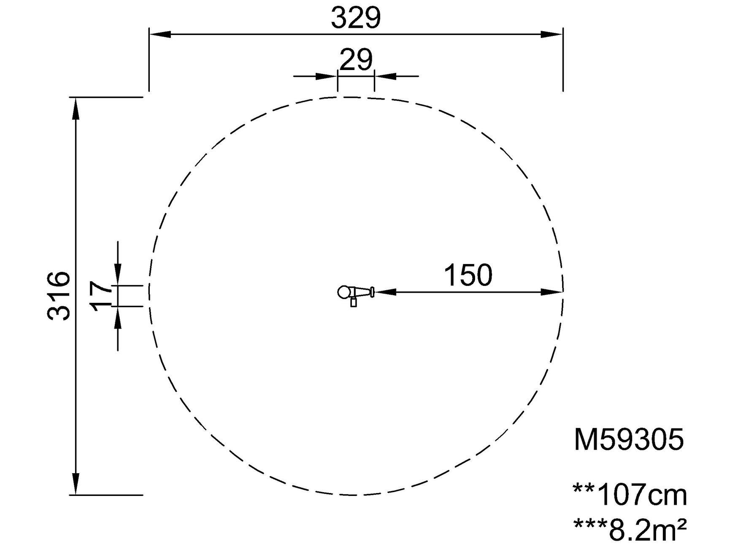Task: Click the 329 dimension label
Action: click(356, 18)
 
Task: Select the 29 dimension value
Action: click(356, 60)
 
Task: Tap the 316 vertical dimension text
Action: click(59, 296)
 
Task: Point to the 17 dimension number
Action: click(101, 296)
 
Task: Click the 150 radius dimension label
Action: click(468, 275)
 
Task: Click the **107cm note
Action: click(630, 495)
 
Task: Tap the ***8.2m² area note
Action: click(630, 529)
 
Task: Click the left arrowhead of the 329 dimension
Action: click(160, 35)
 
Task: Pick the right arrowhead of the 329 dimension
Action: click(552, 35)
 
